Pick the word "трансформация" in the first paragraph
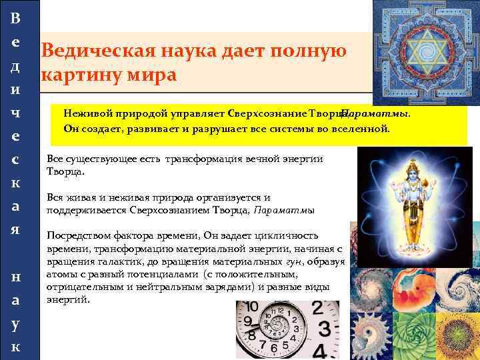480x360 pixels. coord(204,159)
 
